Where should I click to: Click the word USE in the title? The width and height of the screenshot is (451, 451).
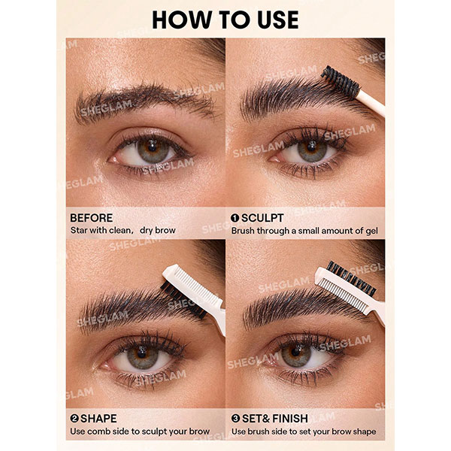click(278, 20)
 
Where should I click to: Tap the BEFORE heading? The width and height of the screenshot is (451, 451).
click(92, 218)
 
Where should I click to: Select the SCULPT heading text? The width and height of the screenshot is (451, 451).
click(262, 218)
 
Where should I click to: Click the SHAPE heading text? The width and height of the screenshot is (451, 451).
click(98, 419)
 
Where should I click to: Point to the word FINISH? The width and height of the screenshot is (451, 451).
click(290, 419)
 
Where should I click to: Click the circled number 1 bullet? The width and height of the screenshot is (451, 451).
click(235, 218)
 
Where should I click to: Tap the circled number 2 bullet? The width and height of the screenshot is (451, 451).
click(74, 419)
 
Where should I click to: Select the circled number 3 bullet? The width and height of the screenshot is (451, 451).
click(235, 419)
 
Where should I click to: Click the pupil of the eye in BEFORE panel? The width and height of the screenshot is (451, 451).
click(152, 146)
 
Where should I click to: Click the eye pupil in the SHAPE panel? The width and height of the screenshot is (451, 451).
click(141, 353)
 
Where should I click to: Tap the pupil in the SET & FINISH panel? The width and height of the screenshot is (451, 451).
click(295, 351)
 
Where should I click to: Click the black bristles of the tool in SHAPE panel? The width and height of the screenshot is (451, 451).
click(183, 300)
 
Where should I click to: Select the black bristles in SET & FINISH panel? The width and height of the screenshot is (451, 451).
click(351, 278)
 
